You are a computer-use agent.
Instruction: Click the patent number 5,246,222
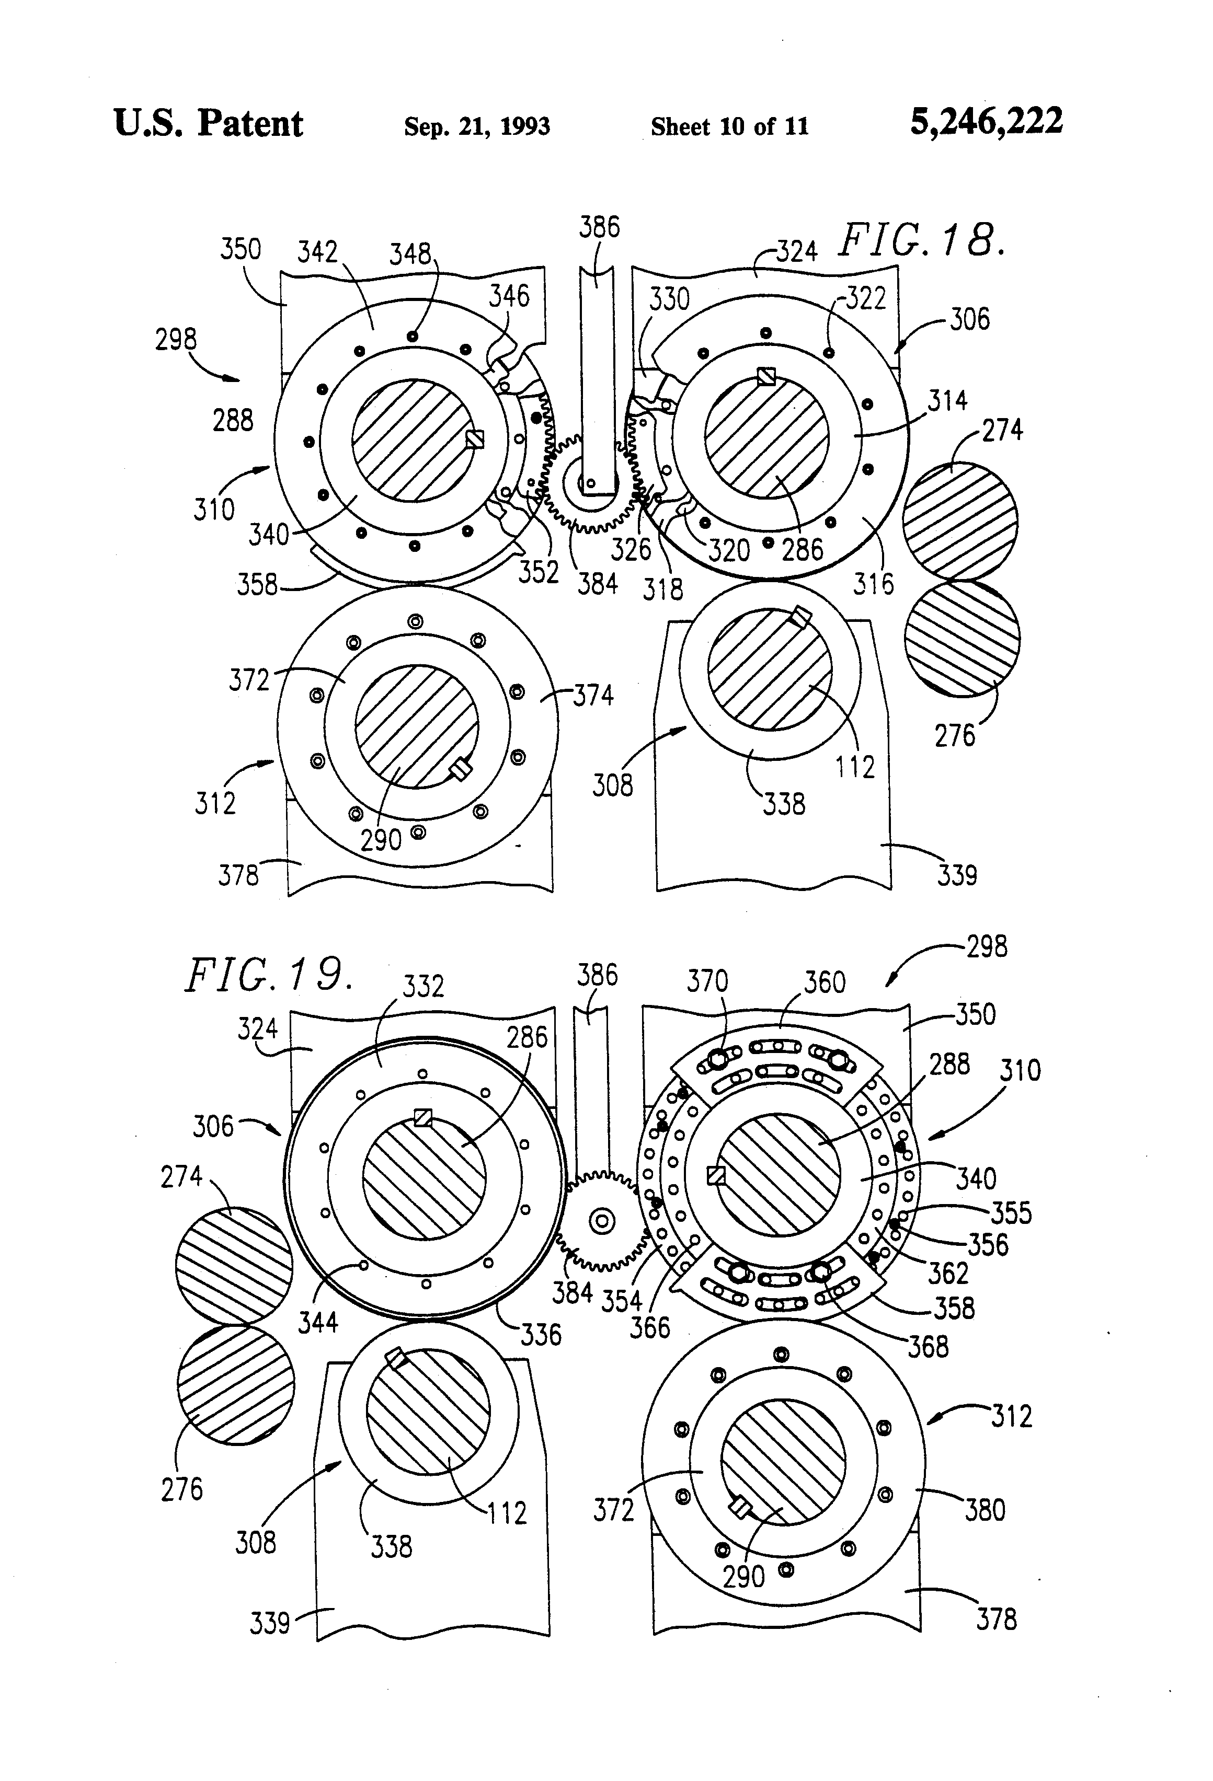click(x=986, y=122)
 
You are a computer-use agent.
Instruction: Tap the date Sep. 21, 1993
click(x=477, y=125)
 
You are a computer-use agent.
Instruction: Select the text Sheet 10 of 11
click(x=729, y=125)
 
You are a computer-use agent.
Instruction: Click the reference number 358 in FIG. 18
click(x=257, y=585)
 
